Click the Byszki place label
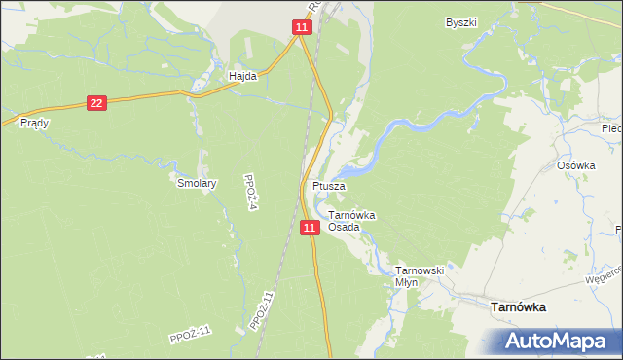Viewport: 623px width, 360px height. (x=460, y=21)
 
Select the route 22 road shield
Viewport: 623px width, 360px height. (x=95, y=102)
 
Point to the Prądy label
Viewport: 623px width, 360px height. (x=34, y=124)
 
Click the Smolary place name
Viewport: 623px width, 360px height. (x=196, y=182)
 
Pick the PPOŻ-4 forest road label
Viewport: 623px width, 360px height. (x=252, y=185)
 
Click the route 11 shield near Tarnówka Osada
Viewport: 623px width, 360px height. (x=309, y=227)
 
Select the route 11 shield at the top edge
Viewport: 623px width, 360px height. (x=302, y=29)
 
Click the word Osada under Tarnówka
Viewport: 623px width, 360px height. (x=344, y=227)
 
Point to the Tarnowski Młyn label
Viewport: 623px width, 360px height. (x=420, y=275)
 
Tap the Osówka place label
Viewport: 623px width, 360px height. (x=575, y=165)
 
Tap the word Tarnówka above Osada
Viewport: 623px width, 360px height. (x=352, y=215)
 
